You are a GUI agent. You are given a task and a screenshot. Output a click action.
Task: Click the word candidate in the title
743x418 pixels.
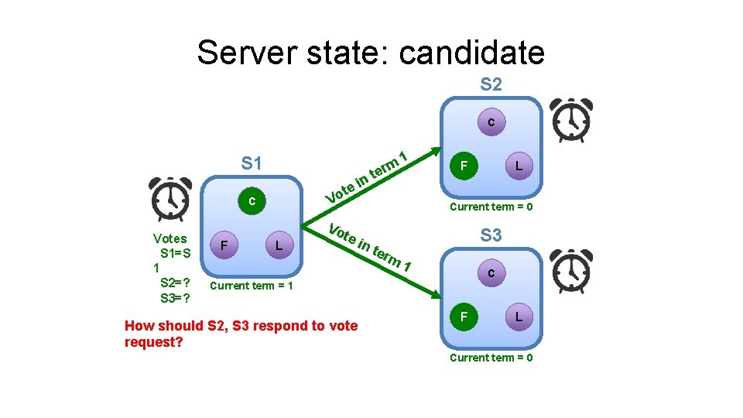point(472,53)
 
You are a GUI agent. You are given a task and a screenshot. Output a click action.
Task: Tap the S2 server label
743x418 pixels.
point(491,84)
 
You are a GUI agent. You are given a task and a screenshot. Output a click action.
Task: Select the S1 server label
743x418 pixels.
point(252,163)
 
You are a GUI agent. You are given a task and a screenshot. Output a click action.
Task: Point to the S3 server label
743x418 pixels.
point(491,235)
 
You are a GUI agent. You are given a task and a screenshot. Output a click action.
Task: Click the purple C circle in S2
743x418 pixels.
point(491,122)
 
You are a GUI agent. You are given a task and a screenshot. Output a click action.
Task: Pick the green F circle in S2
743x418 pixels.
point(463,166)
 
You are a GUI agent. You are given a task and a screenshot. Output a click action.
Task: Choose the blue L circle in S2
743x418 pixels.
point(519,166)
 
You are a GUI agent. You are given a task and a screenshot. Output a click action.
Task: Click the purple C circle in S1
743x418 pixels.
point(252,202)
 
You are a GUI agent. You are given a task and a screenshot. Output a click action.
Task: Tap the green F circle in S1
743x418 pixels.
point(224,245)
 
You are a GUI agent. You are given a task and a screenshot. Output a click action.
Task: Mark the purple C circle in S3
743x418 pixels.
point(491,273)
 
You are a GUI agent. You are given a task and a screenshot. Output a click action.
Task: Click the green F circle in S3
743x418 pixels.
point(463,317)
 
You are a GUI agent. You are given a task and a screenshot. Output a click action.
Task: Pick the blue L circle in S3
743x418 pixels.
point(519,317)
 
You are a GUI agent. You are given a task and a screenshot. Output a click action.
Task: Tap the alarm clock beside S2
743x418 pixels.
point(570,121)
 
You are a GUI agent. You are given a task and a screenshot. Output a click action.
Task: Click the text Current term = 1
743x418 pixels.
point(252,286)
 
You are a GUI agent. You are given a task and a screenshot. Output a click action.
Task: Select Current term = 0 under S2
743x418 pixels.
point(491,207)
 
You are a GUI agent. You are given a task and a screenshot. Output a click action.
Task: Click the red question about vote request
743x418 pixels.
point(241,333)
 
